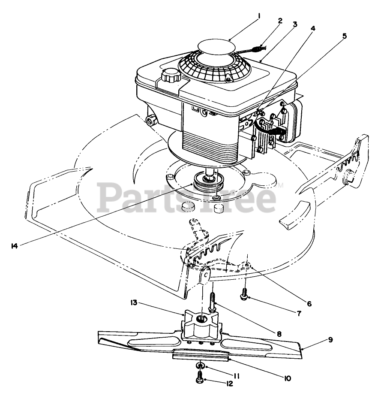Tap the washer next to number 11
(x=200, y=366)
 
